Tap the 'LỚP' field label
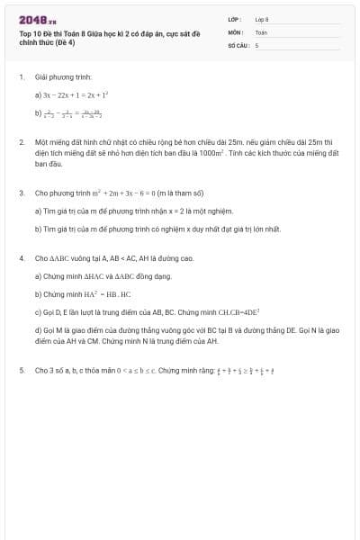235,18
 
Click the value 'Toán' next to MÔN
261,31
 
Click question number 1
22,77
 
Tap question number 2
22,142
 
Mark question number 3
22,193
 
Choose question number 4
22,258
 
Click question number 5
22,370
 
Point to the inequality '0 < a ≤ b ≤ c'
130,370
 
